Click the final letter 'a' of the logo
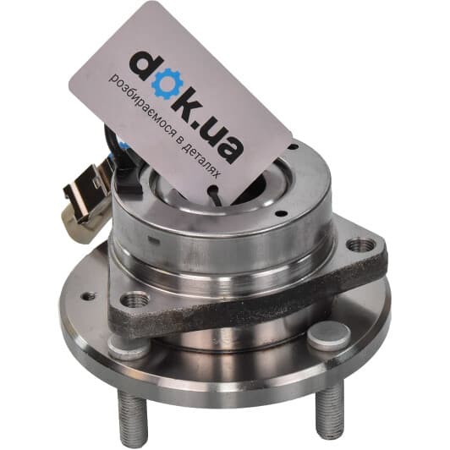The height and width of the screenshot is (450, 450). tap(229, 149)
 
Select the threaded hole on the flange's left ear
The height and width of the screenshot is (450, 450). tap(134, 300)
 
